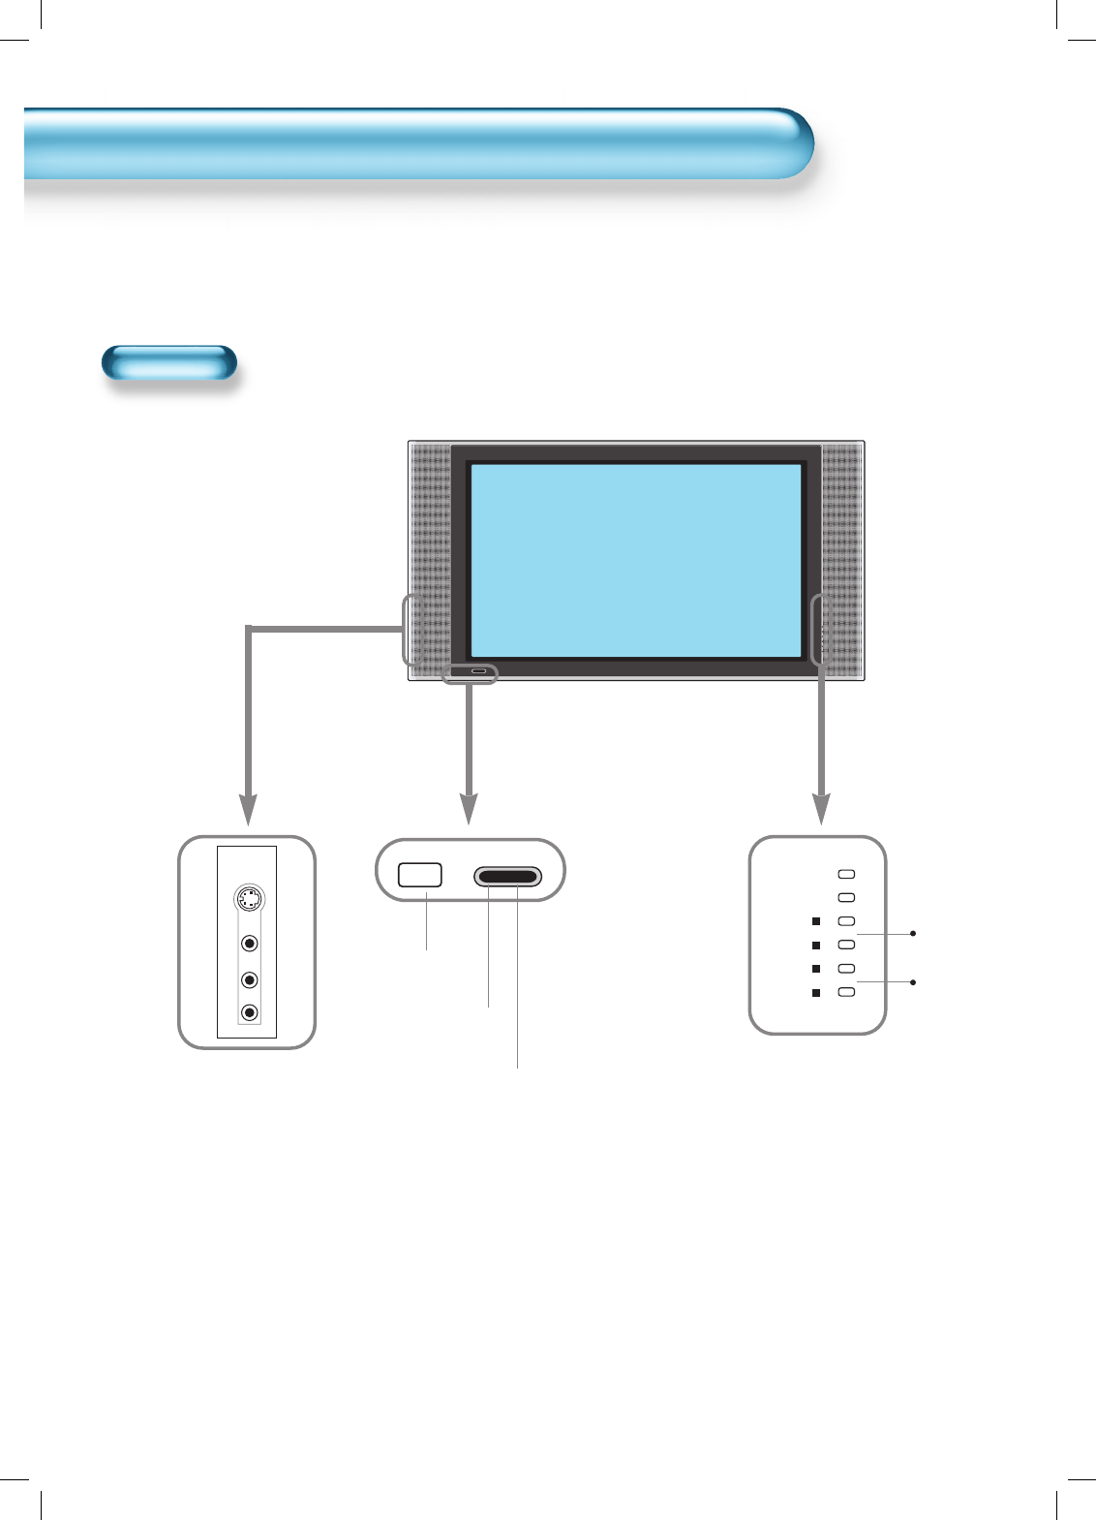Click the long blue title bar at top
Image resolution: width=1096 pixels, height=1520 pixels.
pyautogui.click(x=416, y=143)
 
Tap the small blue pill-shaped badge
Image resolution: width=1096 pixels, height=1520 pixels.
pyautogui.click(x=169, y=362)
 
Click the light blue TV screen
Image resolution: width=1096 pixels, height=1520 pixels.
pyautogui.click(x=635, y=560)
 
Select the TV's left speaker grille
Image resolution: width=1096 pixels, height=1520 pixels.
pyautogui.click(x=430, y=560)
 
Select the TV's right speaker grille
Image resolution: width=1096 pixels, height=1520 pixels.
pyautogui.click(x=840, y=560)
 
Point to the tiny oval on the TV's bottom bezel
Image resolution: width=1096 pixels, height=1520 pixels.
pyautogui.click(x=479, y=670)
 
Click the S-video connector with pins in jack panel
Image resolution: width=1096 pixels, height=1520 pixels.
pyautogui.click(x=250, y=899)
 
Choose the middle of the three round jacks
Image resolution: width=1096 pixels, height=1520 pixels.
pyautogui.click(x=250, y=979)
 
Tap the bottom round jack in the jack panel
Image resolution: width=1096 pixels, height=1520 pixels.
pyautogui.click(x=250, y=1012)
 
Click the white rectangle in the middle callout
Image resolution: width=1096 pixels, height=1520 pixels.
pyautogui.click(x=420, y=875)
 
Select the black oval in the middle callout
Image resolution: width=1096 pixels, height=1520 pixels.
pyautogui.click(x=507, y=878)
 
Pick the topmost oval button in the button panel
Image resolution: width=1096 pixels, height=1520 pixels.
pyautogui.click(x=846, y=874)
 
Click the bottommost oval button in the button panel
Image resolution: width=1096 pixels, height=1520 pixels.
pyautogui.click(x=846, y=992)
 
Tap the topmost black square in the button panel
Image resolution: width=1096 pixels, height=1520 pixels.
pyautogui.click(x=816, y=921)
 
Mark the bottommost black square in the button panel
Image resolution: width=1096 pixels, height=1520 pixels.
pyautogui.click(x=816, y=992)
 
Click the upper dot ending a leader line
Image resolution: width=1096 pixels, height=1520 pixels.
pyautogui.click(x=914, y=934)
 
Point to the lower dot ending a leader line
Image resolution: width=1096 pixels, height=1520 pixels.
pyautogui.click(x=914, y=982)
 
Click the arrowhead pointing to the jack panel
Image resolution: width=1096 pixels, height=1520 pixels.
pyautogui.click(x=249, y=809)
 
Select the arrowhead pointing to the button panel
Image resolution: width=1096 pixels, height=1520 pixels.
pyautogui.click(x=821, y=809)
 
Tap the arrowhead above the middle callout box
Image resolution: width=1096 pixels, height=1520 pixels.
pyautogui.click(x=469, y=809)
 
